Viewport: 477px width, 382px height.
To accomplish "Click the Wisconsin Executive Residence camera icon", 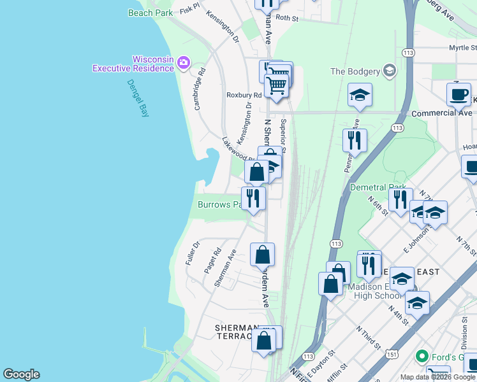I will click(184, 62).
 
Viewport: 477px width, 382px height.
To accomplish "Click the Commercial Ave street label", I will click(442, 113).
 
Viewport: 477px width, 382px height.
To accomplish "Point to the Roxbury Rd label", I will click(244, 95).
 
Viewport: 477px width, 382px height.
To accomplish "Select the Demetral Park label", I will click(378, 188).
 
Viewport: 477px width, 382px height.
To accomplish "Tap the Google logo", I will click(21, 374).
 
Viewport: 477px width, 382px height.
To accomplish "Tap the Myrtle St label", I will click(462, 48).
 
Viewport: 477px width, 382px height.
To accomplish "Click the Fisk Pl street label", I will click(190, 9).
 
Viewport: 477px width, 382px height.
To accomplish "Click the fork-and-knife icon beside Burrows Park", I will click(253, 199).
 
